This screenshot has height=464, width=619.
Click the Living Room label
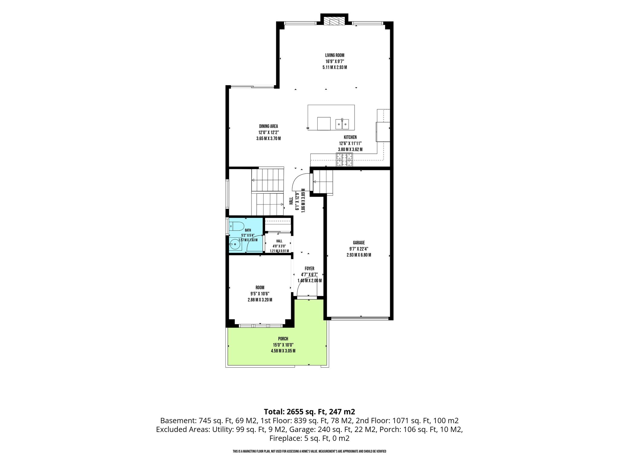pyautogui.click(x=335, y=55)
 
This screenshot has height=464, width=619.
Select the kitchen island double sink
pyautogui.click(x=342, y=124)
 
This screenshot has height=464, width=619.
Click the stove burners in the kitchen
pyautogui.click(x=344, y=159)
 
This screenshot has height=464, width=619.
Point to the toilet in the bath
pyautogui.click(x=237, y=226)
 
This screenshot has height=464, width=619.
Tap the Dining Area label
pyautogui.click(x=268, y=126)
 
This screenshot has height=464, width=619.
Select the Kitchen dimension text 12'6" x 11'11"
pyautogui.click(x=350, y=143)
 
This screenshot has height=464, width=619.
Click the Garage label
pyautogui.click(x=359, y=243)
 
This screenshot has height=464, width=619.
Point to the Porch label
pyautogui.click(x=283, y=339)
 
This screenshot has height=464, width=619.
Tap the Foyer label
pyautogui.click(x=309, y=269)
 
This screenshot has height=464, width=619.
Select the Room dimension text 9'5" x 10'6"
pyautogui.click(x=260, y=294)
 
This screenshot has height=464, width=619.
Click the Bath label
pyautogui.click(x=248, y=230)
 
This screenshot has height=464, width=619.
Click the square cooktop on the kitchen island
pyautogui.click(x=324, y=124)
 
